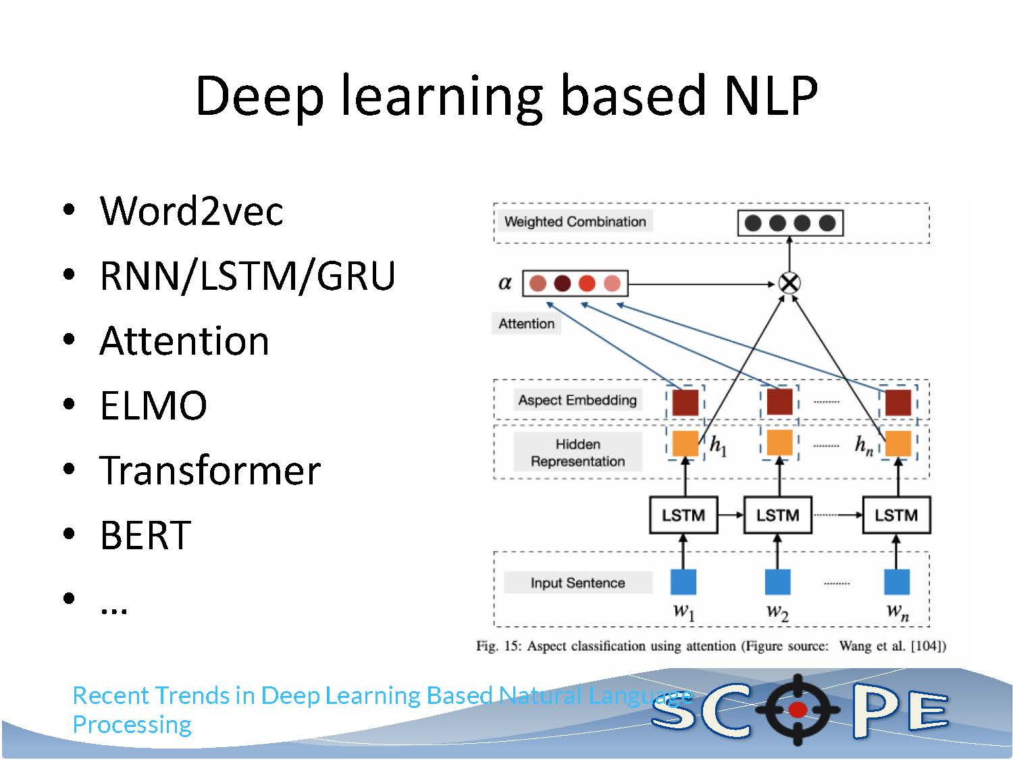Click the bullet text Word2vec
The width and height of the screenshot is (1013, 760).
pyautogui.click(x=191, y=211)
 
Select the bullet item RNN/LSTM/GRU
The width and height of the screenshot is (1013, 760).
pyautogui.click(x=247, y=276)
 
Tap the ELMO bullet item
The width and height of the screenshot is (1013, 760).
pyautogui.click(x=153, y=405)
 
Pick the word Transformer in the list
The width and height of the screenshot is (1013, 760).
pyautogui.click(x=210, y=470)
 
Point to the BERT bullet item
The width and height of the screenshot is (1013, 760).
pyautogui.click(x=145, y=535)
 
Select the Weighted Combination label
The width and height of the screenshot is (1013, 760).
pyautogui.click(x=575, y=222)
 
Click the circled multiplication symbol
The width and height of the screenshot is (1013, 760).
pyautogui.click(x=789, y=282)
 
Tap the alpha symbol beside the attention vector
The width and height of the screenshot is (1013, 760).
pyautogui.click(x=505, y=282)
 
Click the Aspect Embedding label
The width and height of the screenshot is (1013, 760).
pyautogui.click(x=577, y=400)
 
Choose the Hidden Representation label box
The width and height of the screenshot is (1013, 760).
pyautogui.click(x=577, y=453)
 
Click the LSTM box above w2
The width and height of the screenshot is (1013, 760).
pyautogui.click(x=777, y=515)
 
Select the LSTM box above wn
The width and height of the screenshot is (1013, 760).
pyautogui.click(x=896, y=515)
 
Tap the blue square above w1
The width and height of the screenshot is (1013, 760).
pyautogui.click(x=683, y=582)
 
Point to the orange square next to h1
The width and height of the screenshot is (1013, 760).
pyautogui.click(x=685, y=443)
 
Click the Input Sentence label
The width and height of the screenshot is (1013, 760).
pyautogui.click(x=577, y=582)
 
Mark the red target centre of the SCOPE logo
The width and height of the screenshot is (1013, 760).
pyautogui.click(x=798, y=709)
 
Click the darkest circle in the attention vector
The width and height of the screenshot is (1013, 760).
pyautogui.click(x=562, y=283)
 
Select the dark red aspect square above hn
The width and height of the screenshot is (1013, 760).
pyautogui.click(x=898, y=402)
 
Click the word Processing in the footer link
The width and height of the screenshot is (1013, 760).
pyautogui.click(x=132, y=725)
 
